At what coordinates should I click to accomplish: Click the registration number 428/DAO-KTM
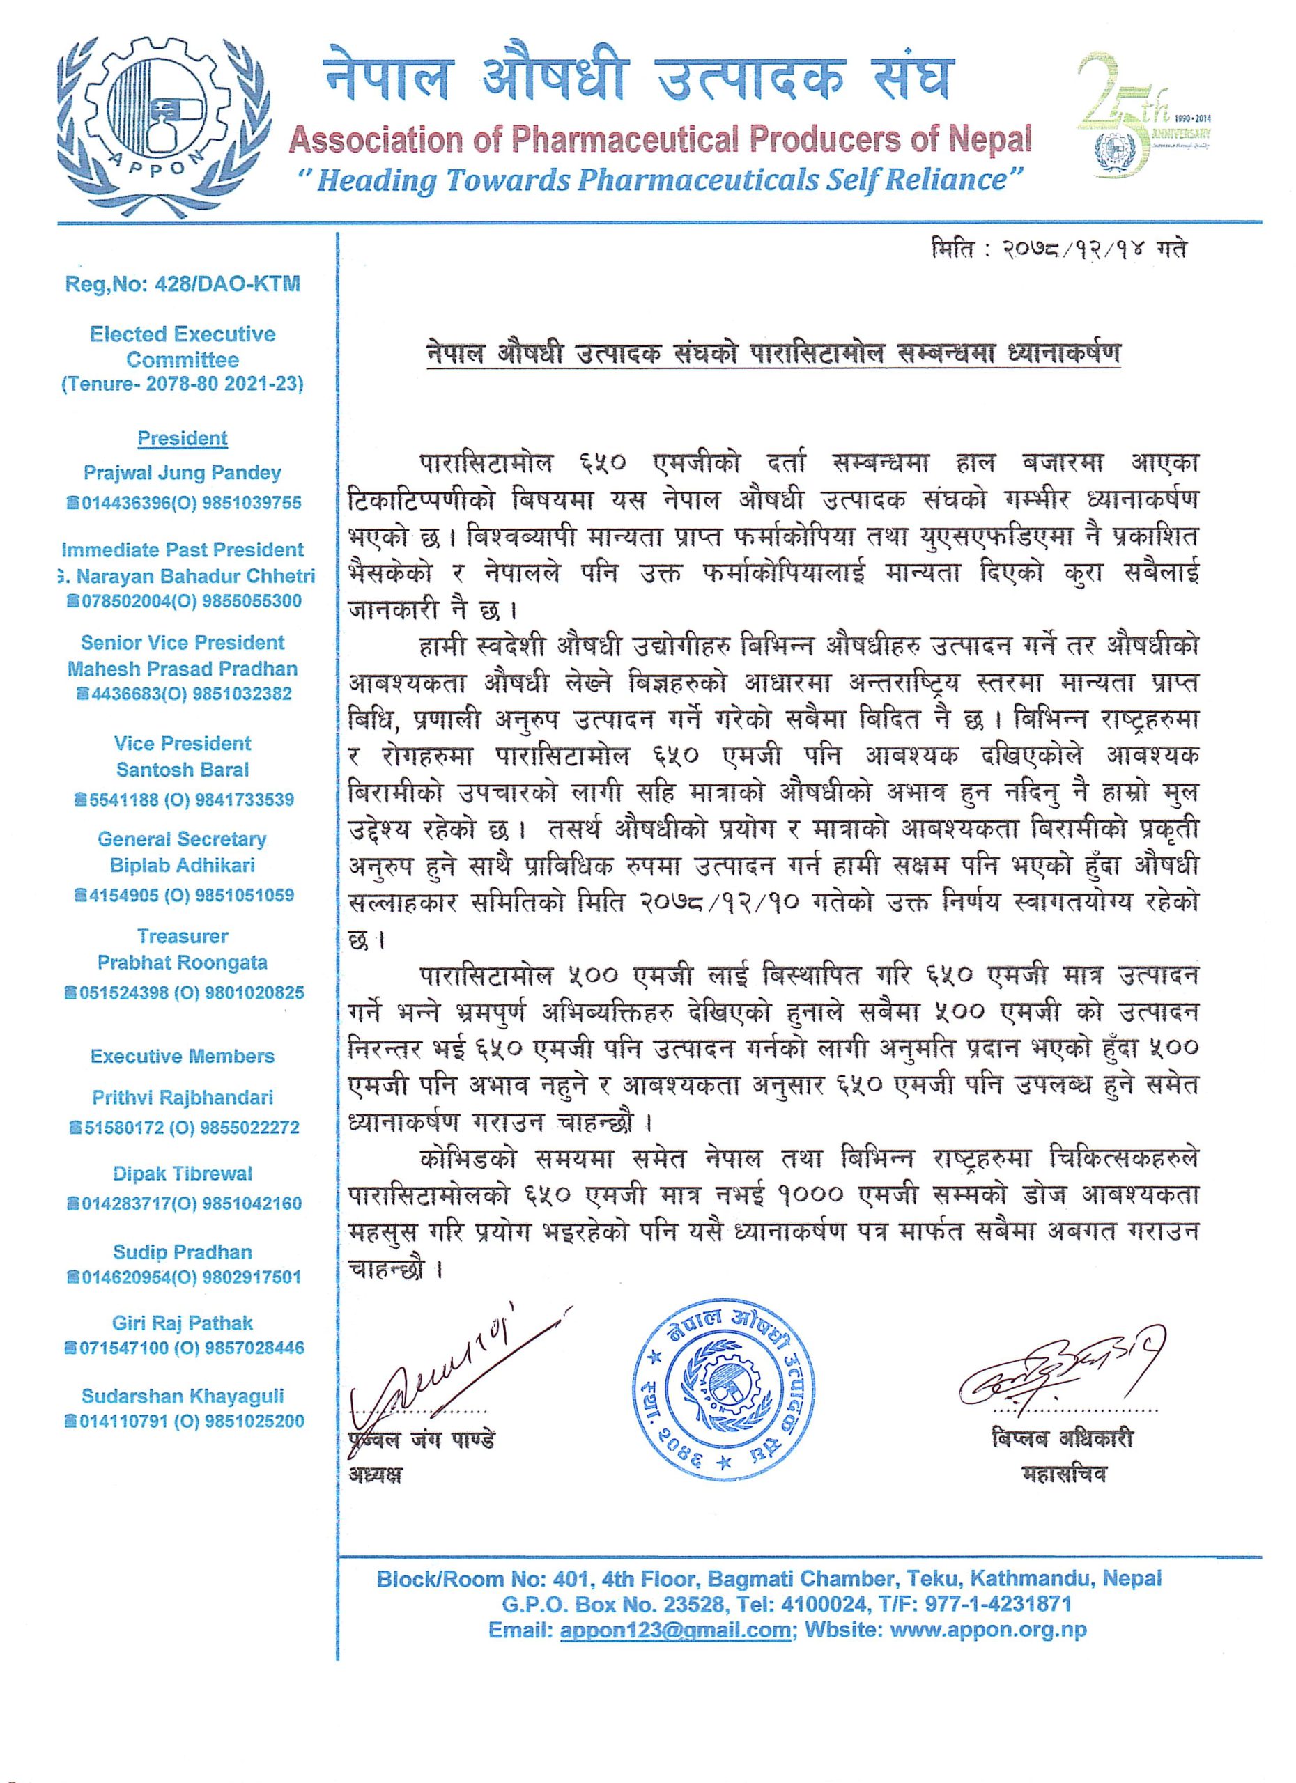(x=183, y=283)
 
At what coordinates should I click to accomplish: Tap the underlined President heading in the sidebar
(x=183, y=439)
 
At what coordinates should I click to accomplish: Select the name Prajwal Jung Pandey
(x=183, y=474)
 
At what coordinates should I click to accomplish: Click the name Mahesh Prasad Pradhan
(x=183, y=669)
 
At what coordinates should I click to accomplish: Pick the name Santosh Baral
(x=183, y=770)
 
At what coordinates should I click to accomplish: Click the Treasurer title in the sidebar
(x=183, y=936)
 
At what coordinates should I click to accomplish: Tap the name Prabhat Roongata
(x=183, y=963)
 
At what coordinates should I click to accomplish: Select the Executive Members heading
(x=183, y=1057)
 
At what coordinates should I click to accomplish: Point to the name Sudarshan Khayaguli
(x=183, y=1396)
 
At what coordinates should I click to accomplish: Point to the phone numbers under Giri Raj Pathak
(x=183, y=1348)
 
